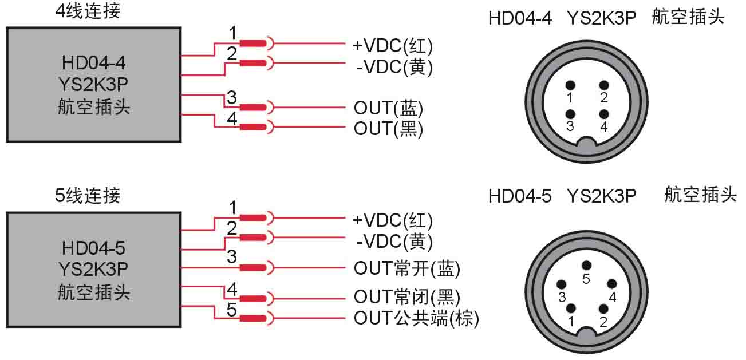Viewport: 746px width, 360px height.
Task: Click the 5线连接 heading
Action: coord(88,196)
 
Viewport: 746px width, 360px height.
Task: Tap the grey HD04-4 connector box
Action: coord(93,84)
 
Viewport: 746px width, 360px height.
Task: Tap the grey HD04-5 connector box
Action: coord(93,270)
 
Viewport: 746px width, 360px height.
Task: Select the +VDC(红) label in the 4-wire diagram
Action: coord(393,45)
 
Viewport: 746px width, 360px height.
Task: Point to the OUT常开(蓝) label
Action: coord(407,267)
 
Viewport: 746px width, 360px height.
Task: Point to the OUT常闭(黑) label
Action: coord(407,296)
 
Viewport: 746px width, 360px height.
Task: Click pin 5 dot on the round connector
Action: coord(586,265)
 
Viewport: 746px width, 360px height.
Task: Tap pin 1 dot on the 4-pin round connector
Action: coord(570,85)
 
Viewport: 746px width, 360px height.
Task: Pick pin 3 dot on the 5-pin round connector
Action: coord(562,284)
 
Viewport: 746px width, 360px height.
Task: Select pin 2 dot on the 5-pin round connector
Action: coord(602,309)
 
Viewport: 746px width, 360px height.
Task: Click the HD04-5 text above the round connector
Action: coord(519,196)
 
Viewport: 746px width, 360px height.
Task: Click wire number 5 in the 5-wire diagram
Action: coord(232,310)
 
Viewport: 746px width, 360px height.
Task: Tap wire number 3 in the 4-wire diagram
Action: coord(232,98)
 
